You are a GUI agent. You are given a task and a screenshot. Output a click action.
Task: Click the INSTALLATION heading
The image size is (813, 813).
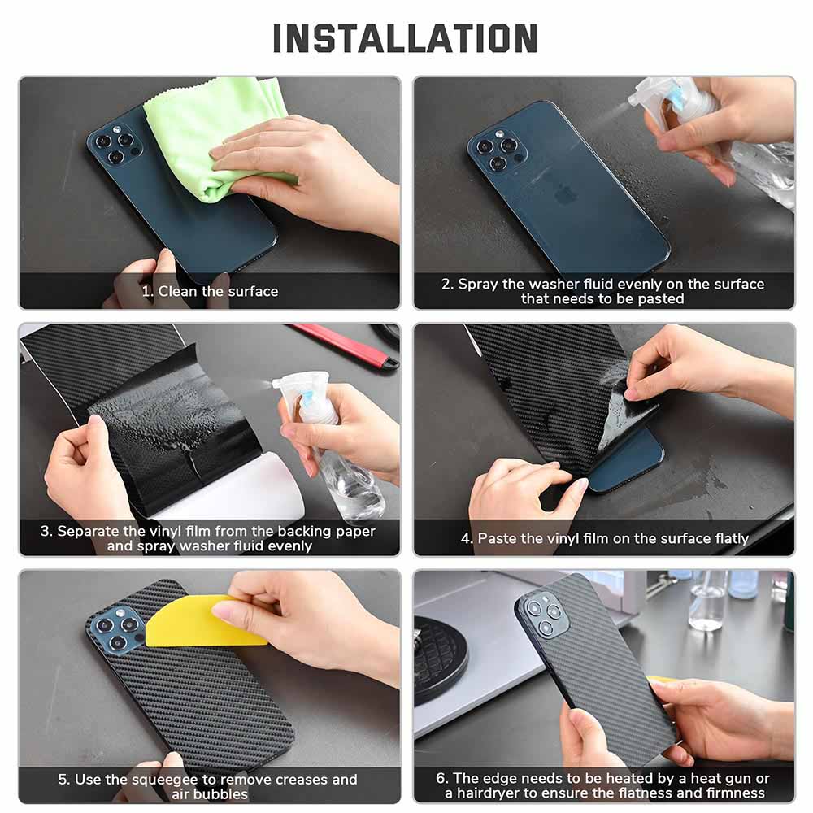[x=405, y=38]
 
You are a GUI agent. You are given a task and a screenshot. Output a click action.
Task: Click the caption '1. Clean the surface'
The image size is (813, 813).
[x=210, y=291]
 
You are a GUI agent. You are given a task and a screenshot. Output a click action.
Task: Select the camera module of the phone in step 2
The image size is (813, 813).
[x=497, y=150]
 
